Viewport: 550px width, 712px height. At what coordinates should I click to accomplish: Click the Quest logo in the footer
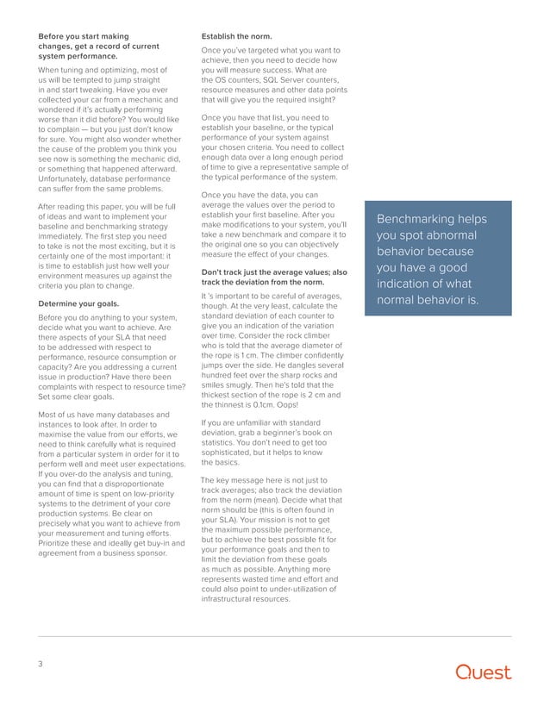[484, 672]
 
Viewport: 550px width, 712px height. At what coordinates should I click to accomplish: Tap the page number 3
[41, 665]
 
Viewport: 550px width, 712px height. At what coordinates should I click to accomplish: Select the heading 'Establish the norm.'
[236, 36]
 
